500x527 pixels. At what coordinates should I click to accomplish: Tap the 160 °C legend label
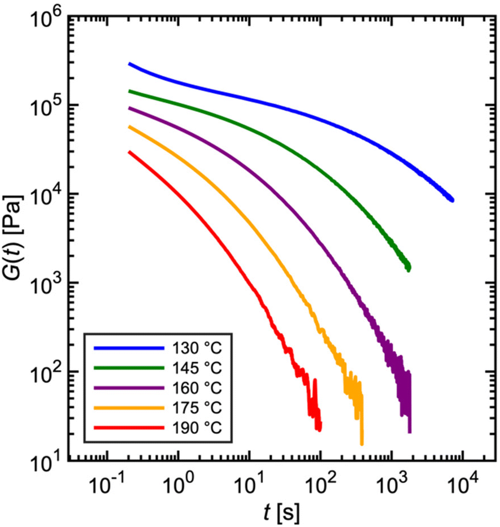193,388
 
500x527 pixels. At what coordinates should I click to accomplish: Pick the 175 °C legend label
193,408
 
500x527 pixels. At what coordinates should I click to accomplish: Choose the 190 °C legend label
193,428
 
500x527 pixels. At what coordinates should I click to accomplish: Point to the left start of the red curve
129,151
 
